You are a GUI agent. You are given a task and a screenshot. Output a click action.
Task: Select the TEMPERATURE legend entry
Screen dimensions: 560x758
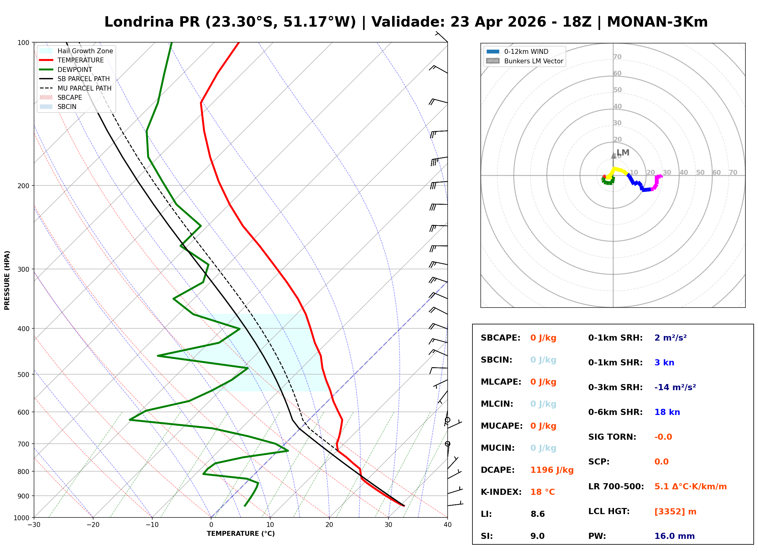pyautogui.click(x=80, y=60)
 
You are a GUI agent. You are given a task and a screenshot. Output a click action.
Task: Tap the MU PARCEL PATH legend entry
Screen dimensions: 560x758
pyautogui.click(x=84, y=88)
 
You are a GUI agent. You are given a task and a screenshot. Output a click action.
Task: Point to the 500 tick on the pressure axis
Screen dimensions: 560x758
pyautogui.click(x=23, y=375)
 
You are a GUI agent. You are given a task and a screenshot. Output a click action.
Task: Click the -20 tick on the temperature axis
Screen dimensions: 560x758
pyautogui.click(x=93, y=525)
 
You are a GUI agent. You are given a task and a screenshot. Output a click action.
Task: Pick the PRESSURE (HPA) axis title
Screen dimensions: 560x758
pyautogui.click(x=7, y=280)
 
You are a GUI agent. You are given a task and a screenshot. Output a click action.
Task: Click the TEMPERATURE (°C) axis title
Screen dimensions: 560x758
pyautogui.click(x=241, y=534)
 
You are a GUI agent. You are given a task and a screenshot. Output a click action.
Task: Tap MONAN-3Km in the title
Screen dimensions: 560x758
pyautogui.click(x=657, y=22)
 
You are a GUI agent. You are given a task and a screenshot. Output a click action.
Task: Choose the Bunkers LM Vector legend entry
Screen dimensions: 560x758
pyautogui.click(x=533, y=61)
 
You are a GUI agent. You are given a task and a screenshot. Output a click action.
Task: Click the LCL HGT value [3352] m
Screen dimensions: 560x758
pyautogui.click(x=675, y=512)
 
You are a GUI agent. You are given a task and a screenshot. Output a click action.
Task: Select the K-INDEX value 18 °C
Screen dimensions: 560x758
pyautogui.click(x=543, y=492)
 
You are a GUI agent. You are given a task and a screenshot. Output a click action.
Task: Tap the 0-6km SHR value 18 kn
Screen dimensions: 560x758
pyautogui.click(x=667, y=412)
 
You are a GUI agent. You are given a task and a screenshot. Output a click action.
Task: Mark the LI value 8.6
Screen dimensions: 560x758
pyautogui.click(x=537, y=514)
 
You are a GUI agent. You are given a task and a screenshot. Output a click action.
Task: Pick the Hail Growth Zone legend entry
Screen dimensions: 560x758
pyautogui.click(x=85, y=51)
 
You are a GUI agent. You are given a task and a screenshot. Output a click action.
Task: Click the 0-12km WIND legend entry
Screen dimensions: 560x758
pyautogui.click(x=526, y=52)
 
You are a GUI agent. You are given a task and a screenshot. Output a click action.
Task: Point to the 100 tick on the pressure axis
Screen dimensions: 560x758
pyautogui.click(x=23, y=43)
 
